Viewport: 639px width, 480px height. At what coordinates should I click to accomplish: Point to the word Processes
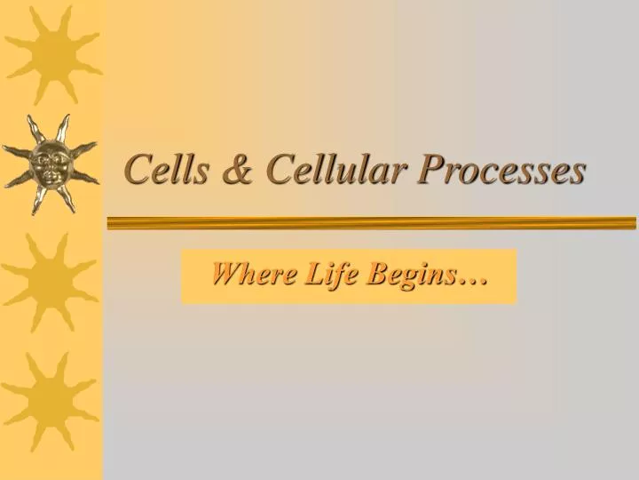click(501, 168)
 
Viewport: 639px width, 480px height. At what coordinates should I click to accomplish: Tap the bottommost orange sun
click(51, 400)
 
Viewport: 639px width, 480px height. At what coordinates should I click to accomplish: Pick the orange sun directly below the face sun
click(51, 280)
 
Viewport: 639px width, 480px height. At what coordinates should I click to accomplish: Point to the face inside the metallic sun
click(49, 164)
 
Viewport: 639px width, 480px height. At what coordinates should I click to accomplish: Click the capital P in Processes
click(431, 168)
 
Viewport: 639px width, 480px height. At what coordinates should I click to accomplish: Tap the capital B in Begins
click(374, 275)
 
